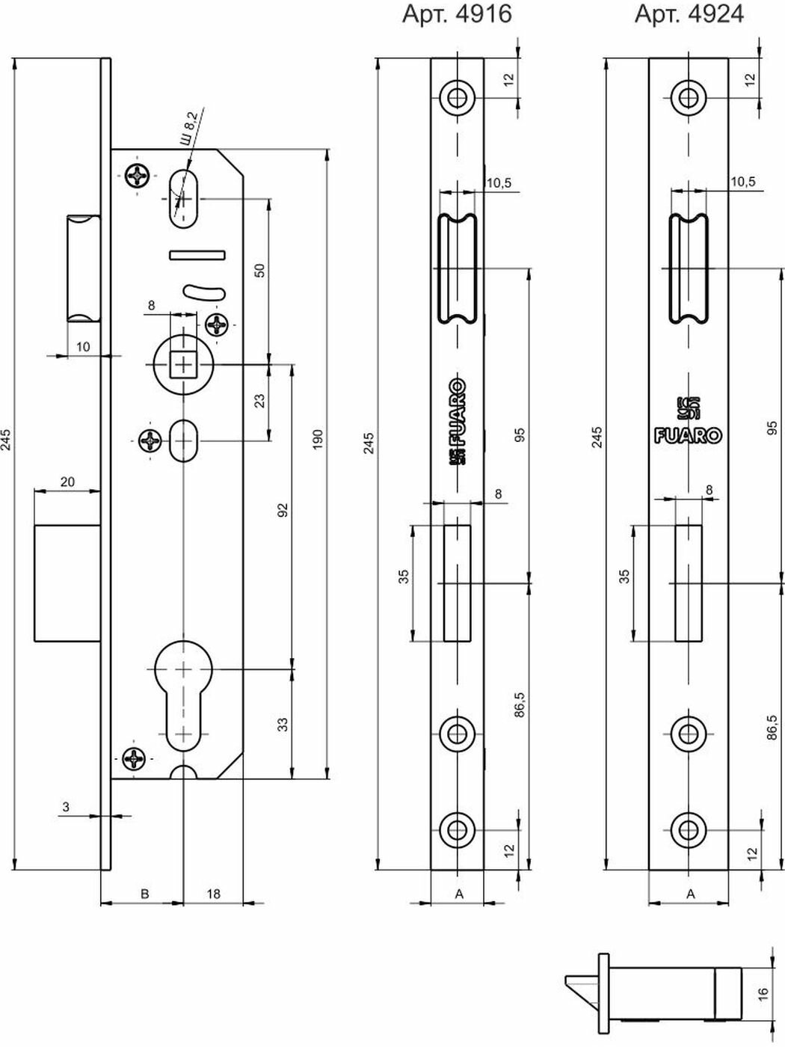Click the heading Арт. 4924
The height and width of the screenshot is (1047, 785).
tap(689, 14)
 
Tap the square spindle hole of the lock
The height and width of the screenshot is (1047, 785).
tap(182, 364)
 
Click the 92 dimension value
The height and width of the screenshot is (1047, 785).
tap(283, 510)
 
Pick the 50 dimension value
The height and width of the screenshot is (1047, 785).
tap(259, 271)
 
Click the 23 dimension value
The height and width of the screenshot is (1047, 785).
tap(259, 401)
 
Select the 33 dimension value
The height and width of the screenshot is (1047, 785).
tap(283, 723)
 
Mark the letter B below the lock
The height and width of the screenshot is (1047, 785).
tap(145, 893)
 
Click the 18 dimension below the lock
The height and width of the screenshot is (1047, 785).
tap(213, 893)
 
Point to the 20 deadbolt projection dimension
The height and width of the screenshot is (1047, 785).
tap(67, 482)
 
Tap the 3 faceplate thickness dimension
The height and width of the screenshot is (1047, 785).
tap(66, 806)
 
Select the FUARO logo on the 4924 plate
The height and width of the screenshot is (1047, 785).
tap(688, 435)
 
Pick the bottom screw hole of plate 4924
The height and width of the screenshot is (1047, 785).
tap(688, 828)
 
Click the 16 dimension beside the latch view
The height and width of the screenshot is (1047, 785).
tap(763, 992)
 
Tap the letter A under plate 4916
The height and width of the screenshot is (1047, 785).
tap(459, 893)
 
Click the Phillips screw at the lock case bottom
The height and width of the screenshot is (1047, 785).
tap(136, 758)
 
